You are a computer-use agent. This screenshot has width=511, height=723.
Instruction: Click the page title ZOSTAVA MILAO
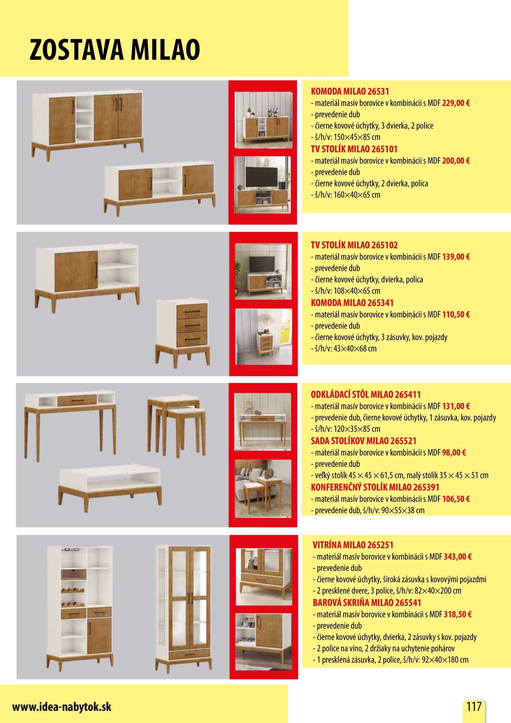115,49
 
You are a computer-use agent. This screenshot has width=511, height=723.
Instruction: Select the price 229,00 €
456,103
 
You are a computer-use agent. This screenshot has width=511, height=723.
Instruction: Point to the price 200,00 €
456,161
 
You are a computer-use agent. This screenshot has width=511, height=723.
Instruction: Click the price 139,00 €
456,257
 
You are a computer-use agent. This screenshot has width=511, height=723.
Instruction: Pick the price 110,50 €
456,314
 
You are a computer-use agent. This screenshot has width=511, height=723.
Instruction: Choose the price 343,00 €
457,556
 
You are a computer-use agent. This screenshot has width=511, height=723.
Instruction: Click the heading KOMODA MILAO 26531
350,92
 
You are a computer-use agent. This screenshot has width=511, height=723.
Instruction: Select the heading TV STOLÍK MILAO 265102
354,245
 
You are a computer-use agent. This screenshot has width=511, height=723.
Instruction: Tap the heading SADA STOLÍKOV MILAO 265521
364,441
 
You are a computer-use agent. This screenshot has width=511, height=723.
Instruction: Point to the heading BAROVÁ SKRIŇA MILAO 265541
367,602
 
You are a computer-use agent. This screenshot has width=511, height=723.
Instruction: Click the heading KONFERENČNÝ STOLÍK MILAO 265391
375,487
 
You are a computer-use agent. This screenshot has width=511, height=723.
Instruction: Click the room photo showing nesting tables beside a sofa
263,488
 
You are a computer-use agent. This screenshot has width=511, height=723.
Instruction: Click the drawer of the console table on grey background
77,400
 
